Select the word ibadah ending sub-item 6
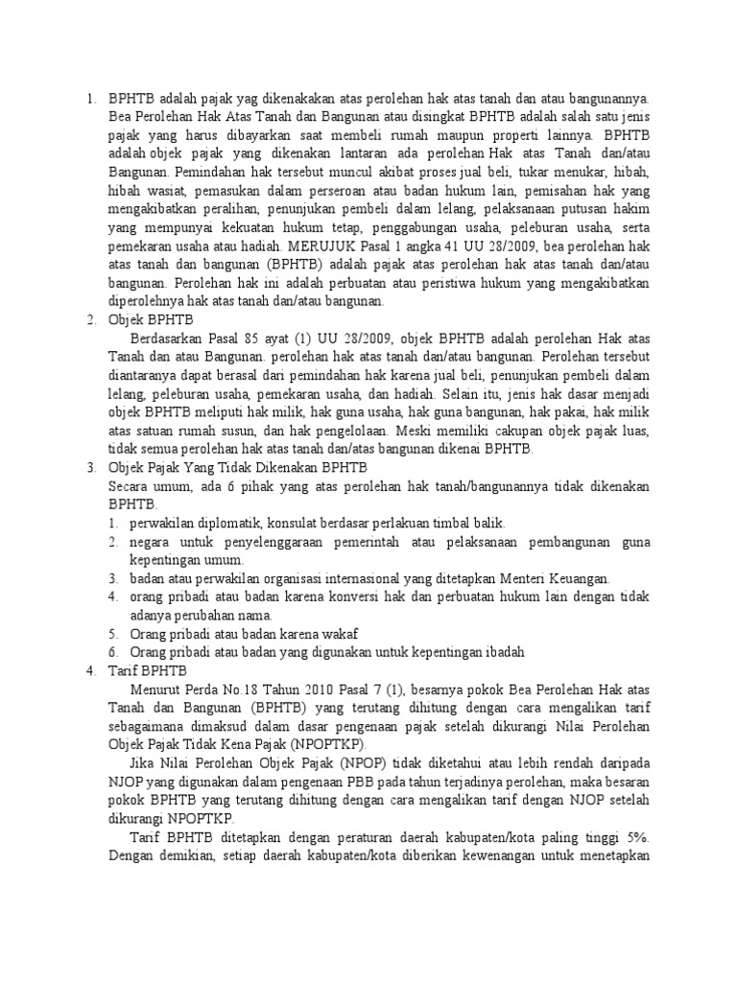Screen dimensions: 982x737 (x=501, y=652)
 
